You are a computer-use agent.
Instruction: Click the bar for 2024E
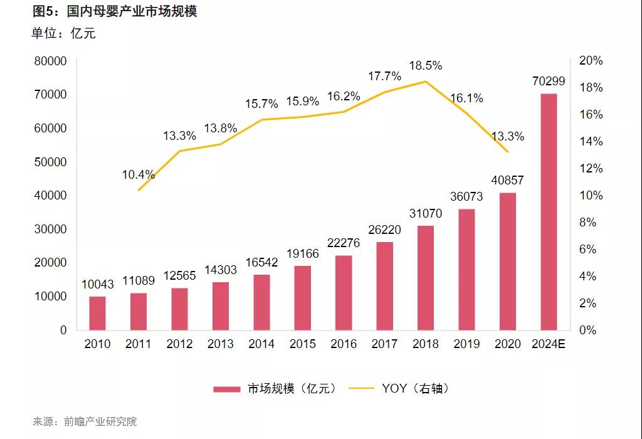(x=549, y=212)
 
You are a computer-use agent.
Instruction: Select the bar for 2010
(x=97, y=313)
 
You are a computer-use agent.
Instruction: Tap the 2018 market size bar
(x=426, y=278)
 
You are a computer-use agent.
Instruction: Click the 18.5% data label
(x=426, y=65)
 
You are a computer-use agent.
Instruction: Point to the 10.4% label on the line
(x=138, y=175)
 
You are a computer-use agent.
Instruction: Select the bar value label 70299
(x=549, y=81)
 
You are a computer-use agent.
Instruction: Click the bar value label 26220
(x=384, y=230)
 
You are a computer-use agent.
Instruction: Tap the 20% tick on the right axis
(x=590, y=61)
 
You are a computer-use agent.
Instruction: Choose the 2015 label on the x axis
(x=303, y=344)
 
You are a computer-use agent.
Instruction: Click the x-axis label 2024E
(x=549, y=344)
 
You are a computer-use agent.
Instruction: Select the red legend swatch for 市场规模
(x=226, y=389)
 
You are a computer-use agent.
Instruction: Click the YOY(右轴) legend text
(x=416, y=389)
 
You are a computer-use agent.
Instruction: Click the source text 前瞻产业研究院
(x=100, y=421)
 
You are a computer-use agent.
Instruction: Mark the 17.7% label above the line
(x=384, y=77)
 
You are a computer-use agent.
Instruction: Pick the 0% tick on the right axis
(x=587, y=330)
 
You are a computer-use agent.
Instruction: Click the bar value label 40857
(x=507, y=180)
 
